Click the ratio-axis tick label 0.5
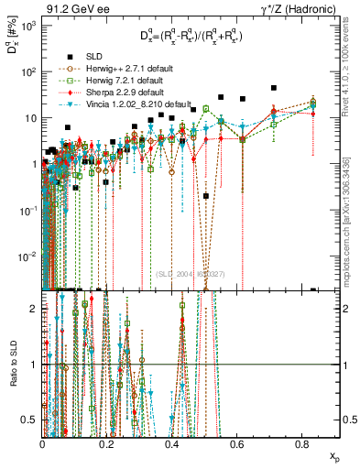point(32,420)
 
